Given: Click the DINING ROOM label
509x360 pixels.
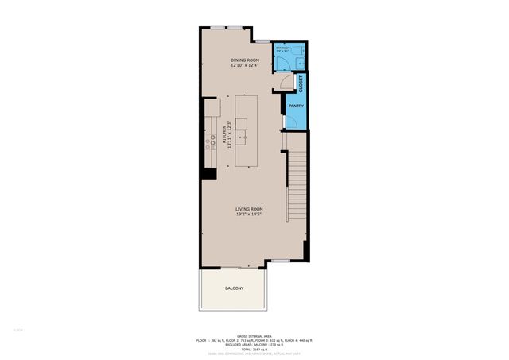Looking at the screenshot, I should pyautogui.click(x=244, y=60).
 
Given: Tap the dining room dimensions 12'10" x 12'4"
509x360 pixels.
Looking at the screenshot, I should pyautogui.click(x=244, y=66).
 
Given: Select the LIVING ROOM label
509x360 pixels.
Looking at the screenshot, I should pyautogui.click(x=249, y=209).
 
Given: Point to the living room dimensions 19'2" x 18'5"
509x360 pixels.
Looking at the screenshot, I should pyautogui.click(x=249, y=215).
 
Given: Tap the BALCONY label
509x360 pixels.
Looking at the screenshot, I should pyautogui.click(x=234, y=288).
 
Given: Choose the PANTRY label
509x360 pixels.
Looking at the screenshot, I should pyautogui.click(x=295, y=106).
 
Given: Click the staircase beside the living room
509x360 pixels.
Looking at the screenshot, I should pyautogui.click(x=296, y=171).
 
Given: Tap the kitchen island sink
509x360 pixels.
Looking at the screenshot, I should pyautogui.click(x=240, y=123).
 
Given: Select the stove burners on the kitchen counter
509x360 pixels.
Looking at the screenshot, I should pyautogui.click(x=211, y=141).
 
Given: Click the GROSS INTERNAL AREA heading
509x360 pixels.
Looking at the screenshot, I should pyautogui.click(x=254, y=335).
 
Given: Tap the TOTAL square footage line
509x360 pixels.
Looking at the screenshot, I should pyautogui.click(x=254, y=350).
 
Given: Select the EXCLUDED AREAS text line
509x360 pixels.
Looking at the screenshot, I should pyautogui.click(x=254, y=345).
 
